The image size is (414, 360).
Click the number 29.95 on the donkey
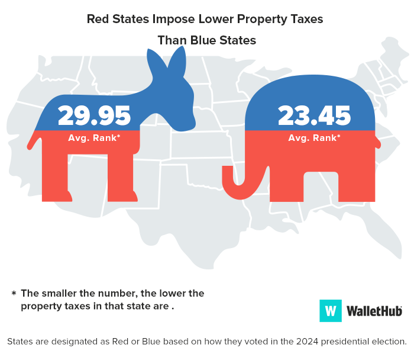click(x=95, y=115)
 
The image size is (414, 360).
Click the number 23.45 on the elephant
click(x=314, y=115)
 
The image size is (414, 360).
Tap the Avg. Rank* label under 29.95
click(x=94, y=139)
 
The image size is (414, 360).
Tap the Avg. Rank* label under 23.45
click(x=314, y=138)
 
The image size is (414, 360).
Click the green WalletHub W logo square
click(x=331, y=310)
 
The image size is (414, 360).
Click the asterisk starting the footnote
click(x=13, y=294)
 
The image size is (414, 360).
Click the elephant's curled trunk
click(x=234, y=184)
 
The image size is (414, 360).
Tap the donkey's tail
click(x=33, y=143)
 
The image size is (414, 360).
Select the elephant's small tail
click(x=378, y=142)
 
